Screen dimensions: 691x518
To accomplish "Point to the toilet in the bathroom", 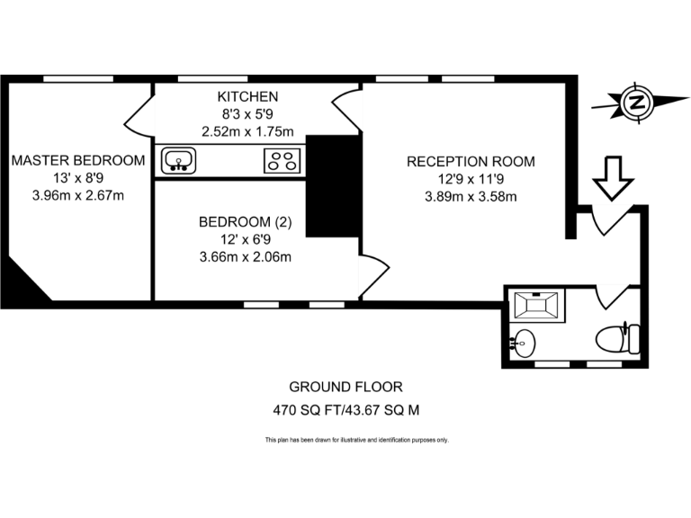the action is pos(619,339).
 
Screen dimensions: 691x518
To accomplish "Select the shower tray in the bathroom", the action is pos(538,306).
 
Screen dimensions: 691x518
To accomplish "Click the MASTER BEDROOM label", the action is pos(78,160).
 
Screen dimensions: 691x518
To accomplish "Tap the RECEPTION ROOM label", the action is pos(471,162).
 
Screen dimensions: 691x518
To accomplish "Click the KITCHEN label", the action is pos(247,96).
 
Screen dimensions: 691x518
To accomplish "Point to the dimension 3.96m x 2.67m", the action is pos(78,195).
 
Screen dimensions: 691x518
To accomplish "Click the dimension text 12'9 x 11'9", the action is pos(471,179).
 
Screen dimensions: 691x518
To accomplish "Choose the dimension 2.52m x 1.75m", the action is pos(247,130).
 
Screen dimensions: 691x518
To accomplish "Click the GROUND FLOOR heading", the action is pos(345,387).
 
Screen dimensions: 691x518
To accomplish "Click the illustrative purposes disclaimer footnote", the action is pos(356,440).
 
